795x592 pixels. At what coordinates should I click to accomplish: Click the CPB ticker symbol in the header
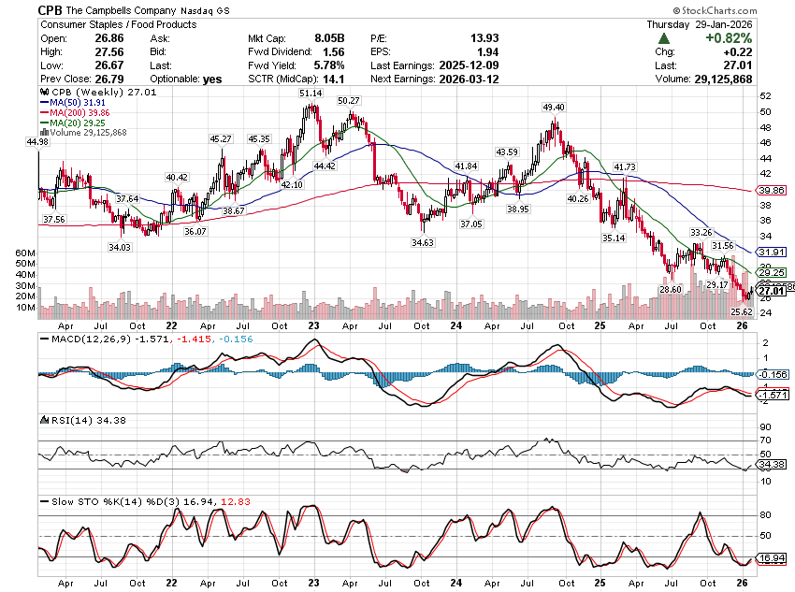(51, 9)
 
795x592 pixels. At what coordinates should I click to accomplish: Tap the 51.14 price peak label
(311, 94)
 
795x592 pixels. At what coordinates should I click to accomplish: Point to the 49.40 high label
(554, 108)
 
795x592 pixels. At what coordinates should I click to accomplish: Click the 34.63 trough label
(424, 242)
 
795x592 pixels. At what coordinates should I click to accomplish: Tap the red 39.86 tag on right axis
(768, 190)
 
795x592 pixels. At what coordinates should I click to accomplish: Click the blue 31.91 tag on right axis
(768, 252)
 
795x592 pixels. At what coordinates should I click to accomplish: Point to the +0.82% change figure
(760, 38)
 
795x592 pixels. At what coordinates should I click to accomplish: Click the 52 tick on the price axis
(766, 96)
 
